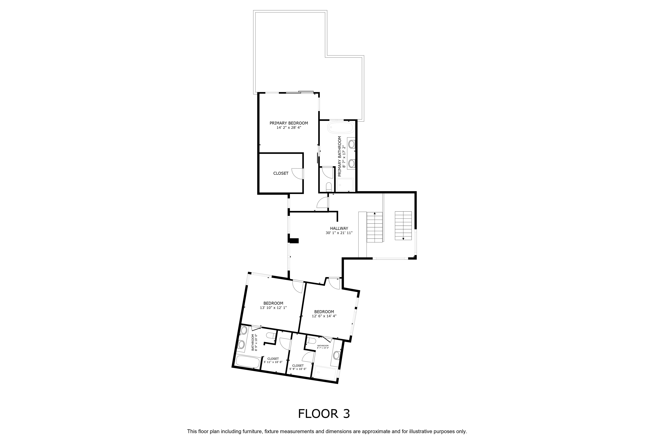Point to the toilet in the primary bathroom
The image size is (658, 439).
point(329,187)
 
